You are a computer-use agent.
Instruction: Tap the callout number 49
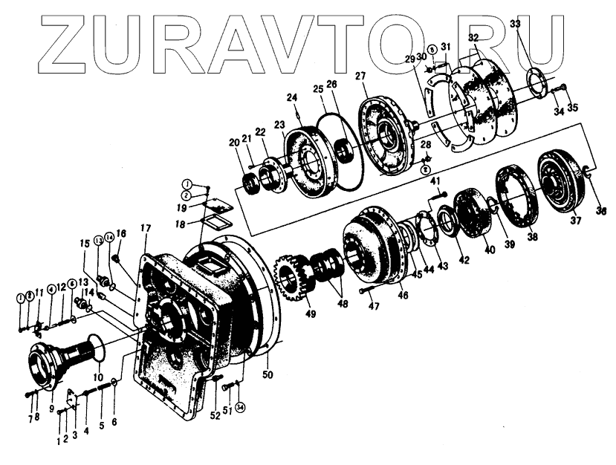coord(310,313)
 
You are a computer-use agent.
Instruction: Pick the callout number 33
coord(515,24)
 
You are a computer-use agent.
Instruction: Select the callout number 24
coord(292,97)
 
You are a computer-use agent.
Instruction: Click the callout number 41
coord(436,181)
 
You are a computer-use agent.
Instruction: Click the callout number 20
coord(234,143)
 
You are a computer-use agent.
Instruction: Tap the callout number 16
coord(122,233)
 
